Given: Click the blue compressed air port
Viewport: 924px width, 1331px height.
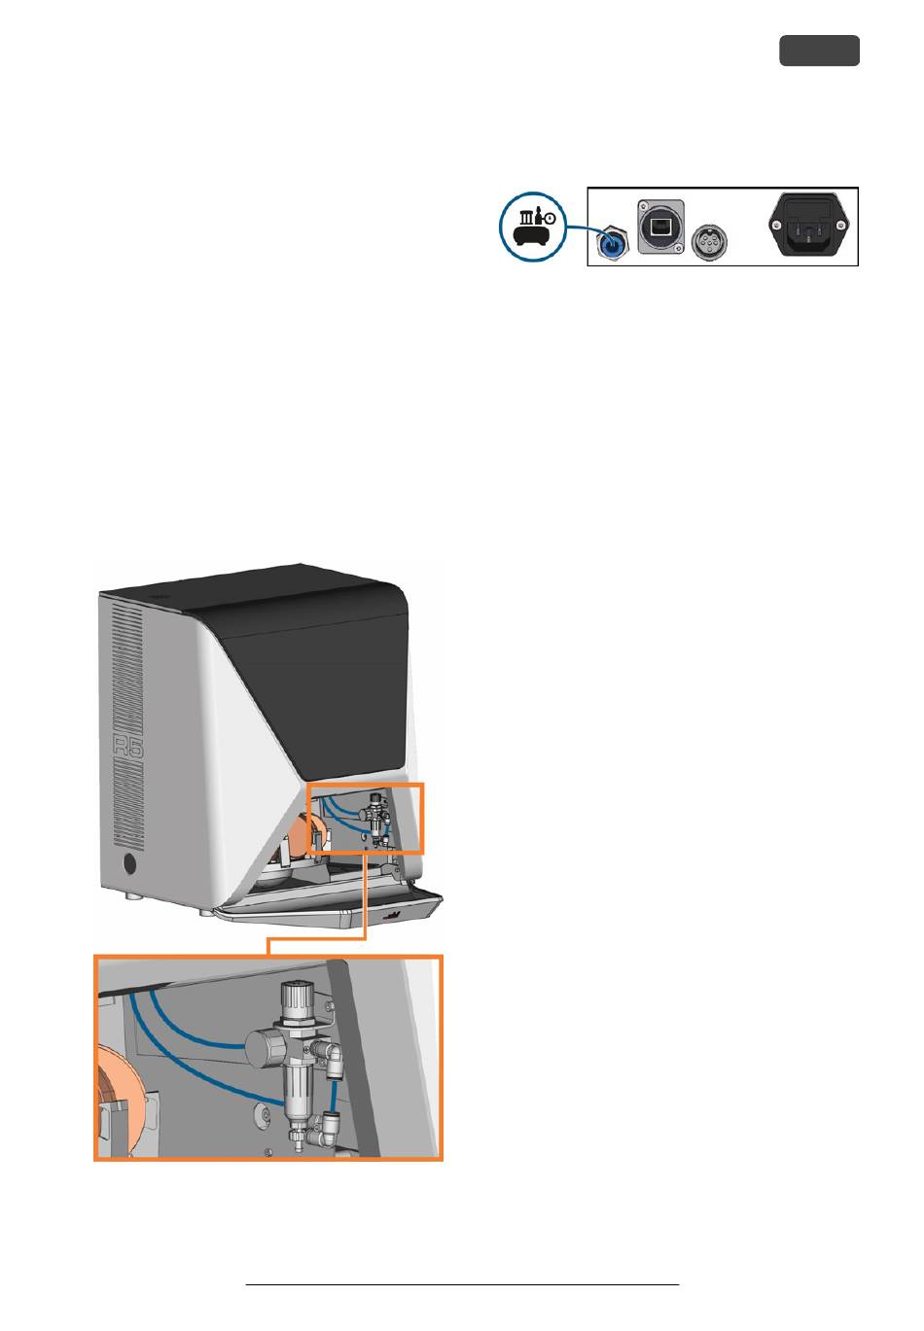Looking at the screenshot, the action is (x=611, y=242).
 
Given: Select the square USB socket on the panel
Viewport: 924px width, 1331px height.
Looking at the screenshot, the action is (x=660, y=227).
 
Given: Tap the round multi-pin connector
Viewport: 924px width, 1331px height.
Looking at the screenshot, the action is (x=709, y=240).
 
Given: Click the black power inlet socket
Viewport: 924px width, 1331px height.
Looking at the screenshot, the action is (x=808, y=226).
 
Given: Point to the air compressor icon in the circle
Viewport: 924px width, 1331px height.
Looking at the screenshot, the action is (x=533, y=227).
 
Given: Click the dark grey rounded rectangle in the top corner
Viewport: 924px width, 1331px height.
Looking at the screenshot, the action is (x=819, y=51).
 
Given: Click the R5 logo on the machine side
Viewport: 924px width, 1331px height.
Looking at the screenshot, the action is (x=127, y=747).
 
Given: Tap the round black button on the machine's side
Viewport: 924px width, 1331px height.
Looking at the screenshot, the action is (x=127, y=863).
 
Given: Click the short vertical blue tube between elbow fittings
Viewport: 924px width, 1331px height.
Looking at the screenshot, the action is (x=334, y=1097).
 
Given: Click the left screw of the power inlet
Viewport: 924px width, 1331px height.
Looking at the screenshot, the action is (x=776, y=225).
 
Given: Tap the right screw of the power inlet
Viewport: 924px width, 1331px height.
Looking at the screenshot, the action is (x=840, y=225).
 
